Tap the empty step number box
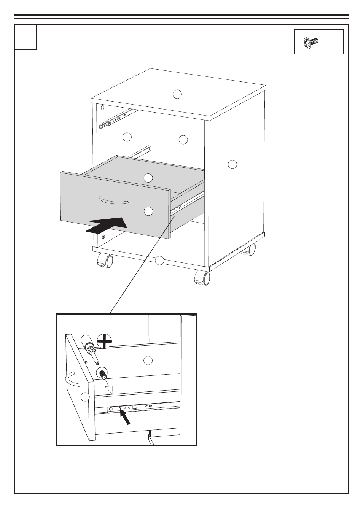point(26,37)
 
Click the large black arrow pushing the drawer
point(107,226)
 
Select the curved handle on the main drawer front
point(114,200)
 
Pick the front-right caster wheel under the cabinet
point(202,278)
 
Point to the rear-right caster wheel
point(249,250)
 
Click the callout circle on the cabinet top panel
point(177,94)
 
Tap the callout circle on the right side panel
point(232,164)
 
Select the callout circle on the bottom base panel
point(159,261)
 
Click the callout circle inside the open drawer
point(148,177)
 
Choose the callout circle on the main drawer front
point(148,211)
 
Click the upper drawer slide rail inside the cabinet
point(116,118)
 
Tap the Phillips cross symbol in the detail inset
point(104,340)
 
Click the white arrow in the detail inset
point(109,387)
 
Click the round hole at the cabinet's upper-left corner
point(102,108)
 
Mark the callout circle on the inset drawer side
point(148,359)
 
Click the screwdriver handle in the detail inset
point(86,340)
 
